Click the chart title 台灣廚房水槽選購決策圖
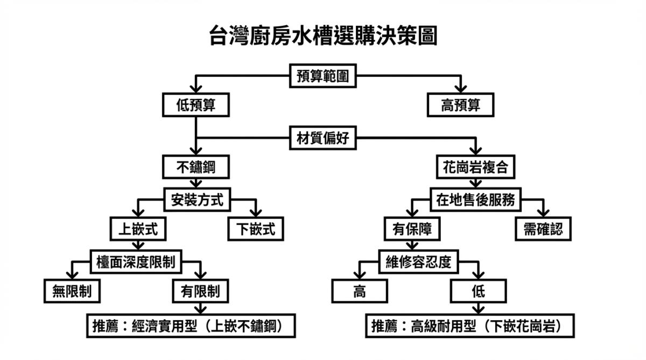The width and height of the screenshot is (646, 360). pyautogui.click(x=322, y=37)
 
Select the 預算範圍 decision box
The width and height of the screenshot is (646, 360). pyautogui.click(x=322, y=76)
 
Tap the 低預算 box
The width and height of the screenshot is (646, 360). pyautogui.click(x=196, y=105)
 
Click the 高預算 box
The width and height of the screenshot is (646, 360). pyautogui.click(x=460, y=105)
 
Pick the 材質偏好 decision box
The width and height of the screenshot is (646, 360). pyautogui.click(x=322, y=138)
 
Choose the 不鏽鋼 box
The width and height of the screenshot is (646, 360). pyautogui.click(x=196, y=167)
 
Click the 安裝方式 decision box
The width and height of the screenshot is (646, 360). pyautogui.click(x=196, y=200)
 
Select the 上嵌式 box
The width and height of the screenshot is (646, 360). pyautogui.click(x=138, y=229)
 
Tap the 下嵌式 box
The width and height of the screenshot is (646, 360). pyautogui.click(x=256, y=229)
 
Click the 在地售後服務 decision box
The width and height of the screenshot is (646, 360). pyautogui.click(x=475, y=200)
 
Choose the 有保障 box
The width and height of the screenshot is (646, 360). pyautogui.click(x=412, y=229)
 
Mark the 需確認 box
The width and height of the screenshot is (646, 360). pyautogui.click(x=543, y=229)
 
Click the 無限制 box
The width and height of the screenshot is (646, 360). pyautogui.click(x=72, y=292)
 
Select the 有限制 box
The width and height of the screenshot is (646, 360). pyautogui.click(x=200, y=292)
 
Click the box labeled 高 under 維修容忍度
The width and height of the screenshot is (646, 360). pyautogui.click(x=359, y=292)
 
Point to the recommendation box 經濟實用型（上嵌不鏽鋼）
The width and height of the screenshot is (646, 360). pyautogui.click(x=191, y=326)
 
